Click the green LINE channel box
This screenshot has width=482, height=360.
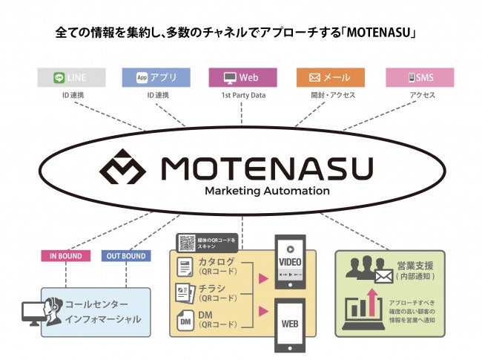tap(71, 77)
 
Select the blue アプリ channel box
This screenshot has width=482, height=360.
tap(156, 77)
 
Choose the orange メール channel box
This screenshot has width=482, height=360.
tap(330, 77)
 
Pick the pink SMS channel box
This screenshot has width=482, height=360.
tap(419, 77)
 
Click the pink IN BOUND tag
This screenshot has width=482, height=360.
tap(66, 256)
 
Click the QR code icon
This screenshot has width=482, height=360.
tap(187, 243)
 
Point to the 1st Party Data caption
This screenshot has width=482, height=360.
tap(243, 95)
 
